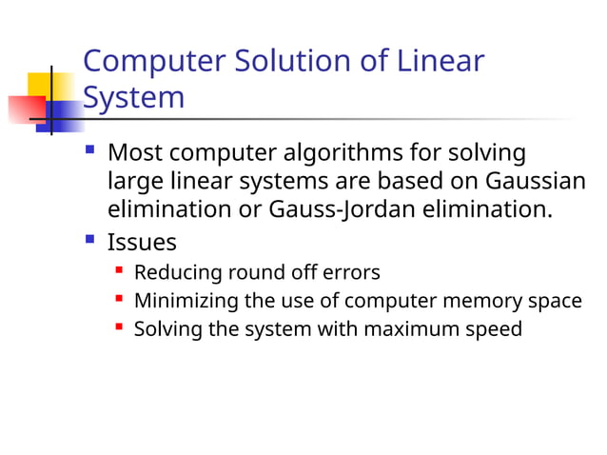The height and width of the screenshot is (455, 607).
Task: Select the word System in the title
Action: click(133, 97)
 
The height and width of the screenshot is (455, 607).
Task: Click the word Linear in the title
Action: click(441, 62)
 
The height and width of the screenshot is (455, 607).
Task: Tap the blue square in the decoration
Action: click(65, 114)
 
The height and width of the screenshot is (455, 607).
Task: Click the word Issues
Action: click(142, 242)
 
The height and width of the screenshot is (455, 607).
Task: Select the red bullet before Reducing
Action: click(119, 271)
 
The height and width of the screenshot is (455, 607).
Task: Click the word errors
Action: click(350, 273)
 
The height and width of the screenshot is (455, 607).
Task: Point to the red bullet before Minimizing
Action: click(119, 300)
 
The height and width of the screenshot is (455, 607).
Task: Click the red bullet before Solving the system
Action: click(119, 328)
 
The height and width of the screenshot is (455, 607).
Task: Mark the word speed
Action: click(495, 330)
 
